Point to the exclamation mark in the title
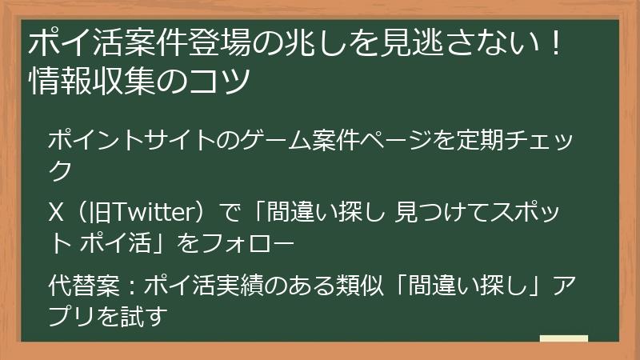pyautogui.click(x=555, y=42)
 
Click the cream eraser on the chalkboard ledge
pyautogui.click(x=564, y=339)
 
